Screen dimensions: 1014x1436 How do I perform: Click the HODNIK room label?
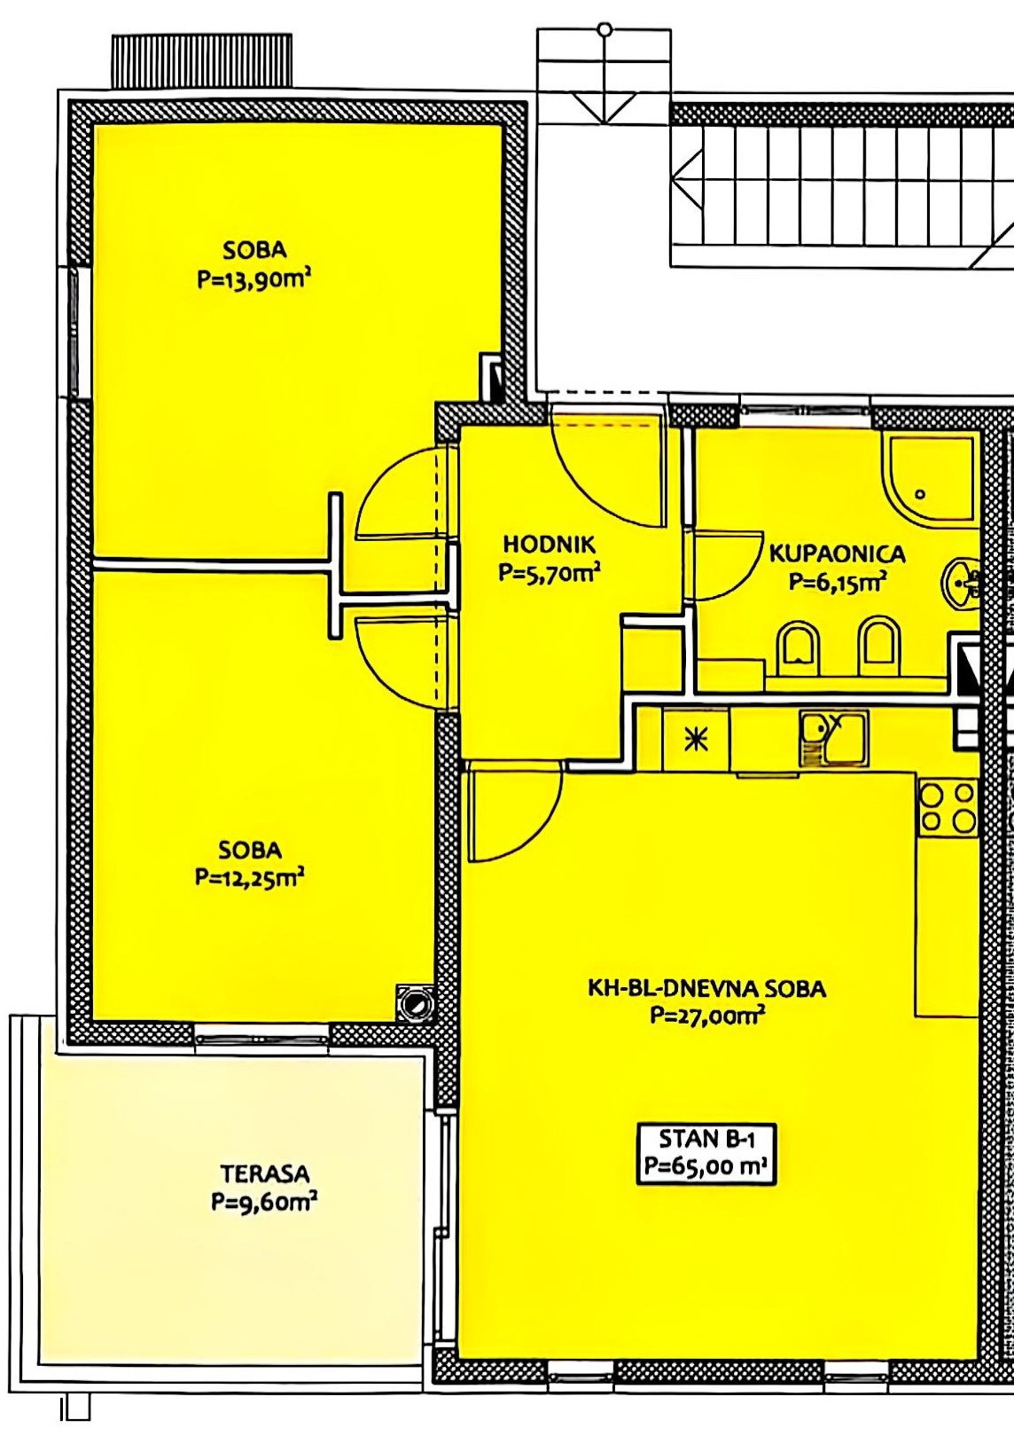[550, 545]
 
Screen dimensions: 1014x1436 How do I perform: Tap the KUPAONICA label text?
[838, 553]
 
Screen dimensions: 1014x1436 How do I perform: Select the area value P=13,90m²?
[255, 280]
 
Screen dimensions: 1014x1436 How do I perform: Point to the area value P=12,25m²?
[250, 877]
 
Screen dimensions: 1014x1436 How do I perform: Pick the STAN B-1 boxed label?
[706, 1154]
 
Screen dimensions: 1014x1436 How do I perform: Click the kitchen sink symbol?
[832, 739]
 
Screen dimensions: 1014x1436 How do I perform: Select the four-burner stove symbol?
[948, 808]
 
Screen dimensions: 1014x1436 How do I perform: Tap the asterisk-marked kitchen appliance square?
[697, 739]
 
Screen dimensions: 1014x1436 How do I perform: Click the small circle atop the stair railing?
[604, 29]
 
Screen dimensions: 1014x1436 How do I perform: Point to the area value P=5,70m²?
[550, 572]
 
